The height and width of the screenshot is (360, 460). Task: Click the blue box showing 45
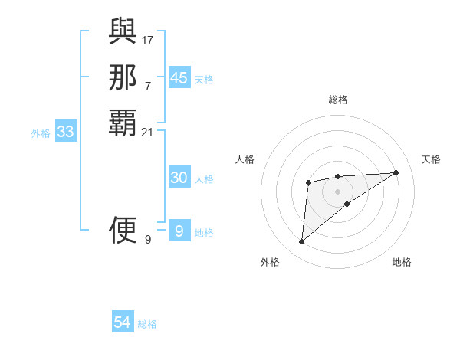click(179, 78)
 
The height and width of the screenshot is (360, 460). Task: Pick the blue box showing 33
click(66, 132)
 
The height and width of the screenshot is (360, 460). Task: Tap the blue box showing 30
click(179, 178)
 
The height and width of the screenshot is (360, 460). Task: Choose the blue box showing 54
click(123, 322)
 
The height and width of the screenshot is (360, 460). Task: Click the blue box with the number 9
click(179, 231)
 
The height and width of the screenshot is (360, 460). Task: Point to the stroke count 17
click(148, 39)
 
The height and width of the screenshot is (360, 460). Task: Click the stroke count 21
click(148, 133)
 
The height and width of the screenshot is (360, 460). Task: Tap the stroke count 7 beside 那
click(148, 86)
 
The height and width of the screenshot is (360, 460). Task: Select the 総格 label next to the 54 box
click(148, 324)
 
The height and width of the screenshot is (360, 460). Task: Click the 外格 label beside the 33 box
click(41, 133)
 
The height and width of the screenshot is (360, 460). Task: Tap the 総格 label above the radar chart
click(338, 100)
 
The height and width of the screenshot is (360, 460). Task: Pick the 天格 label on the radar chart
click(432, 159)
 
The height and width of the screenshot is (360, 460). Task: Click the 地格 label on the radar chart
click(402, 262)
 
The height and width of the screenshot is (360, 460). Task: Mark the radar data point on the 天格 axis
click(396, 172)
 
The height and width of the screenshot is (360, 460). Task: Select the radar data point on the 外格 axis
click(302, 242)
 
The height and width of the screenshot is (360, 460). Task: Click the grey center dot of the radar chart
click(338, 191)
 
